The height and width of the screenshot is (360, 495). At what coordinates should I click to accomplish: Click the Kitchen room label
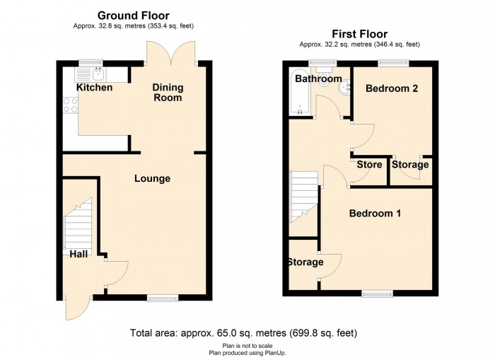click(94, 88)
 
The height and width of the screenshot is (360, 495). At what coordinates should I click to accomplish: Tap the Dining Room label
click(168, 93)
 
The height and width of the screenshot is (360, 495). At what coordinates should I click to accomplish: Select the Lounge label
click(153, 179)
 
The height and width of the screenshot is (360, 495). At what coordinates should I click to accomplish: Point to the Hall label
click(78, 254)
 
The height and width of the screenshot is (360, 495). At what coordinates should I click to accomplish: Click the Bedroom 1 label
click(375, 214)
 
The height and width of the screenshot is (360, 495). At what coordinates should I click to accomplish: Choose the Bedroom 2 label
click(392, 88)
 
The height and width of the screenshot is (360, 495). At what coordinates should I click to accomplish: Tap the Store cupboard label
click(369, 165)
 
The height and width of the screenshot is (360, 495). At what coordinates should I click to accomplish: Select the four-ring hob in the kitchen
click(71, 105)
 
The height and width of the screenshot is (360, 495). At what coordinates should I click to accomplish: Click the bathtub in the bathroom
click(300, 91)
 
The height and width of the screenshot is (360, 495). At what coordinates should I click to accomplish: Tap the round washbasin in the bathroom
click(344, 88)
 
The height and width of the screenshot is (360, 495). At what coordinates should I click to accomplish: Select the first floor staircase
click(304, 197)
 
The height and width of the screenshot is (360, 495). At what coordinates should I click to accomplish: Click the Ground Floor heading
click(134, 16)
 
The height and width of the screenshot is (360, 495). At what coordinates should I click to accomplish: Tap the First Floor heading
click(359, 34)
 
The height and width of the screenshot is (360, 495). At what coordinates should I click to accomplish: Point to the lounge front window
click(163, 298)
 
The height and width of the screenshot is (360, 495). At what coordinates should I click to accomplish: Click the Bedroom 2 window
click(394, 63)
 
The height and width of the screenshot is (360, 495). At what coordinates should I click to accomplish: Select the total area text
click(244, 333)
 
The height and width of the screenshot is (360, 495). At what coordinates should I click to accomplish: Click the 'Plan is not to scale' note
click(248, 346)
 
